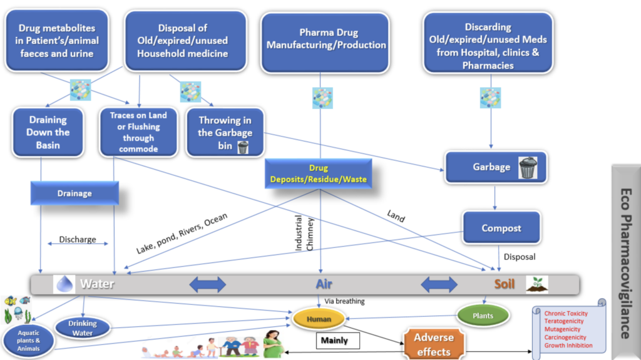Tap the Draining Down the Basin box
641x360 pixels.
48,132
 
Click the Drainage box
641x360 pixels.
74,193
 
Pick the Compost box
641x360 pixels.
501,229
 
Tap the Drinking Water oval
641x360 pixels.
83,327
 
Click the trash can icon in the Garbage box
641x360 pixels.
528,167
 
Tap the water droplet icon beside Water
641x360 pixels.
64,284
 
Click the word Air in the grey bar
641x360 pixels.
324,284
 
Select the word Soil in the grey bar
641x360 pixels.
505,284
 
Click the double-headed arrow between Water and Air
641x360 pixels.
207,285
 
